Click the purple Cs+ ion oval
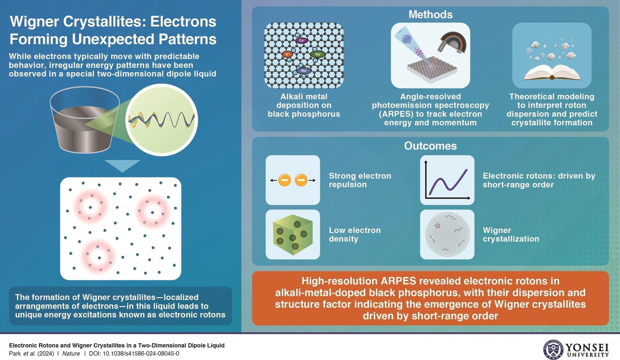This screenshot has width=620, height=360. tap(302, 40)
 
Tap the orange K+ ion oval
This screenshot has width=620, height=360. tap(287, 54)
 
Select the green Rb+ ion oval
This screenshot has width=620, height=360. tap(318, 54)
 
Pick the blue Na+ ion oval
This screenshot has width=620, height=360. tap(304, 71)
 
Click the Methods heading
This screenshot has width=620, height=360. tap(430, 14)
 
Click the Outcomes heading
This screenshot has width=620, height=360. tap(430, 146)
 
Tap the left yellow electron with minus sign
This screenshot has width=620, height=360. tap(284, 180)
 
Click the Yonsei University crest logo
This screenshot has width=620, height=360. tap(553, 349)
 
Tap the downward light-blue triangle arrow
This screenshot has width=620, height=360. tap(122, 166)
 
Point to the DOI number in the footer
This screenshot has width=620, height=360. tap(141, 353)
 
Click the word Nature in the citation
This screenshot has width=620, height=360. tap(71, 353)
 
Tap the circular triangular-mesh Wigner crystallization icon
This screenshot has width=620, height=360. tap(447, 235)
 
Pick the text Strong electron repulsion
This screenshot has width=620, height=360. tap(360, 180)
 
